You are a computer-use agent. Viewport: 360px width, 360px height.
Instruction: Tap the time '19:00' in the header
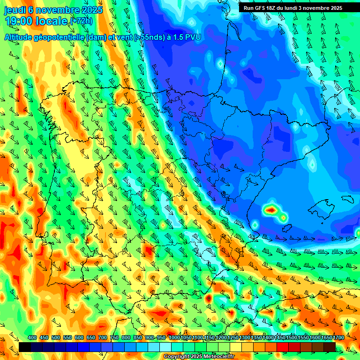point(19,21)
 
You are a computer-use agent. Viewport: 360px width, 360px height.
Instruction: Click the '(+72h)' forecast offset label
point(81,22)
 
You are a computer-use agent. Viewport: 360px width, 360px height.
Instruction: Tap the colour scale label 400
point(32,337)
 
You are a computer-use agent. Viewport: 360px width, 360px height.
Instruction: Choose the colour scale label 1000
point(174,337)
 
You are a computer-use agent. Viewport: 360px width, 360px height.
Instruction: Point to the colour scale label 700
point(103,337)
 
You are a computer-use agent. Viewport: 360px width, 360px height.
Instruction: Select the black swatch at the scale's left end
point(25,347)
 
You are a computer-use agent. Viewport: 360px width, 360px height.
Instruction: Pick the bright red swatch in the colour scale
point(283,347)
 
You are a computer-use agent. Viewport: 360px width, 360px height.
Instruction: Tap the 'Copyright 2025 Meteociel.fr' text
point(199,356)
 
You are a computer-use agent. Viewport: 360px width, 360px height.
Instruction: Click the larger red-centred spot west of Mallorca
point(270,209)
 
